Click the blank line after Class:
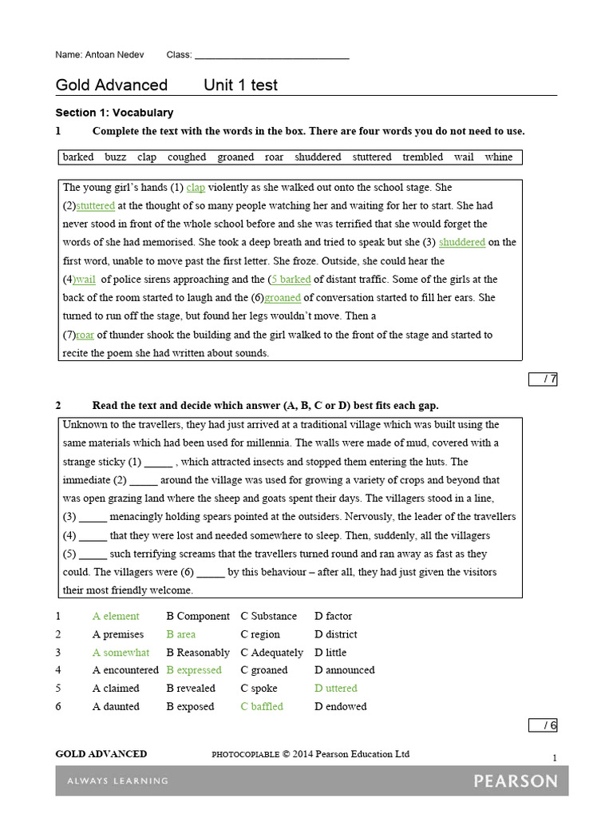click(x=271, y=56)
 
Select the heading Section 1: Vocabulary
click(x=114, y=113)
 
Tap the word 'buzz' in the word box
click(x=115, y=157)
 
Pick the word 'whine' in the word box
click(x=498, y=157)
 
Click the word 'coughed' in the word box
click(x=187, y=157)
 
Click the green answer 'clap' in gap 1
click(x=196, y=188)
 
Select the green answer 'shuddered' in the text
click(x=462, y=243)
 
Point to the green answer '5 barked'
click(x=291, y=280)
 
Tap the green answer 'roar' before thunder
click(x=85, y=335)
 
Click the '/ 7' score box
click(x=543, y=379)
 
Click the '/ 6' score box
click(x=543, y=725)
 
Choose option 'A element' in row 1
click(x=116, y=617)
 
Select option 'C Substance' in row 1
click(x=268, y=617)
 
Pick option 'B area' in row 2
click(x=180, y=634)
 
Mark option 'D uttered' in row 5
click(x=335, y=689)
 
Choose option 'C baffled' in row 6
click(x=262, y=707)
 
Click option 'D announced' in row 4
click(x=344, y=670)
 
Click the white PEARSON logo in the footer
click(x=515, y=780)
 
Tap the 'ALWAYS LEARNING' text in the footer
click(x=117, y=780)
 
